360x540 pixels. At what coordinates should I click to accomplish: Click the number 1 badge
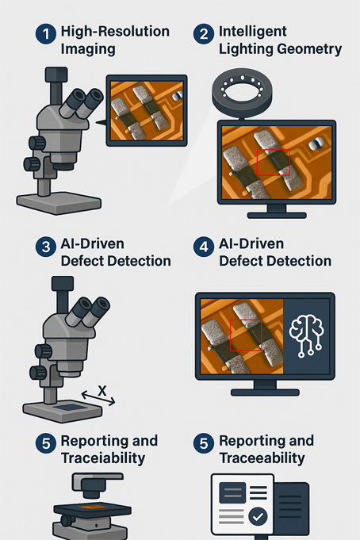pos(46,34)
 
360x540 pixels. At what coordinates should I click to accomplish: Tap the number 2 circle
pos(204,34)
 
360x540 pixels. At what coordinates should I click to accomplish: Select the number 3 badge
pos(46,247)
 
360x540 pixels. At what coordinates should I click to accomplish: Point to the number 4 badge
pos(204,247)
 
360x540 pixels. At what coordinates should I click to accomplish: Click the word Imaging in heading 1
pos(88,49)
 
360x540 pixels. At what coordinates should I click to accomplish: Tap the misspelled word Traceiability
pos(103,458)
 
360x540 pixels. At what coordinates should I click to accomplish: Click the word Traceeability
pos(262,458)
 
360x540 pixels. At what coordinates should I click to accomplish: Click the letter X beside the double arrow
pos(102,391)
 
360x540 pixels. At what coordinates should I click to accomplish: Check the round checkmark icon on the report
pos(258,516)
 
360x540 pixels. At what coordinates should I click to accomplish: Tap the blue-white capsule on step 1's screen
pos(177,96)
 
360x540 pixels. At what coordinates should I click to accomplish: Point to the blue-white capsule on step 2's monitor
pos(316,144)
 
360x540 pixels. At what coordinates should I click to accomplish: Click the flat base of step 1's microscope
pos(59,203)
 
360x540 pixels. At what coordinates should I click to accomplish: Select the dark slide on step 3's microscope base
pos(70,408)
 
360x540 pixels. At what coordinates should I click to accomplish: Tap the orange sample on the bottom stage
pos(93,507)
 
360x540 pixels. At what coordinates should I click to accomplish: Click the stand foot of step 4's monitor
pos(265,392)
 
